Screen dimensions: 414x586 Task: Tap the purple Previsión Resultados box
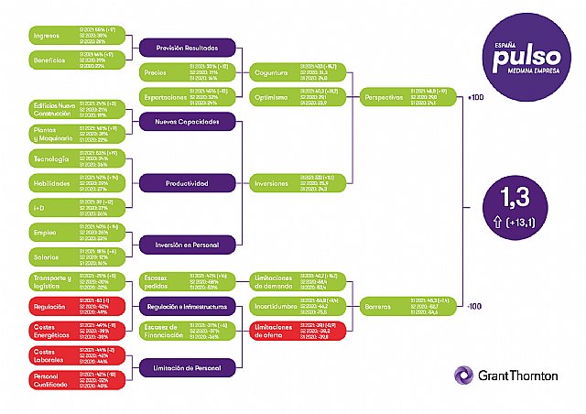(188, 49)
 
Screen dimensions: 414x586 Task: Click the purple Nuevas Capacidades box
(188, 121)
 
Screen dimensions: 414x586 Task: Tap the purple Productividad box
(188, 183)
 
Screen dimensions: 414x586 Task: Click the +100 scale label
(473, 97)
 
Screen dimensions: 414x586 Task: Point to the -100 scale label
(473, 306)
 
